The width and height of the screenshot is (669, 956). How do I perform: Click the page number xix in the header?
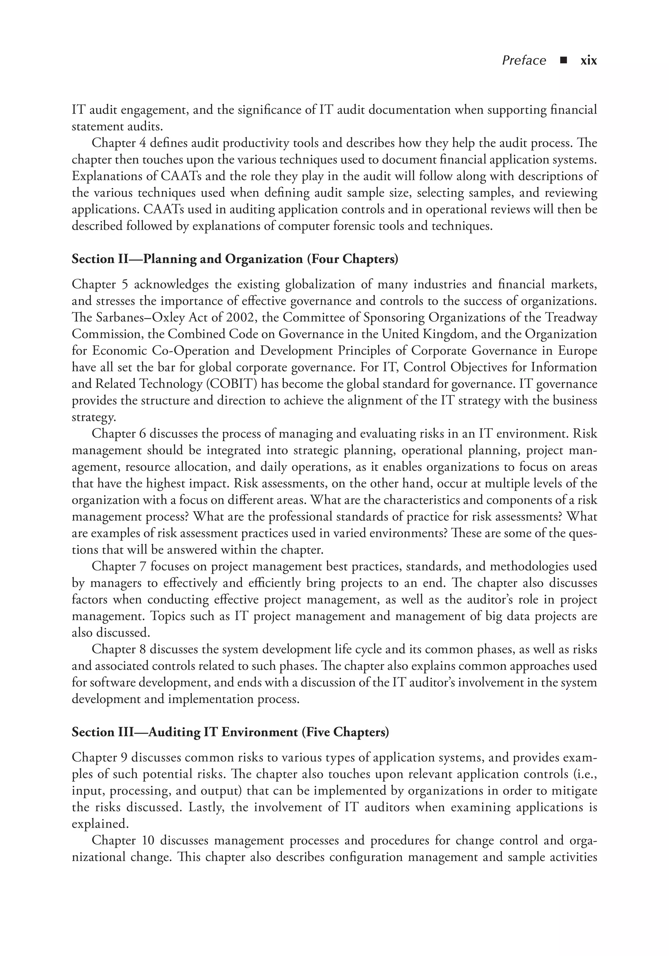588,61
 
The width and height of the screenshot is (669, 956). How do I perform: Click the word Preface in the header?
524,61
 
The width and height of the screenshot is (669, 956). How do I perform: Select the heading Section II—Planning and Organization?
235,259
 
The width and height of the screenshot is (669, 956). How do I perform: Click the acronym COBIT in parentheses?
233,384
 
